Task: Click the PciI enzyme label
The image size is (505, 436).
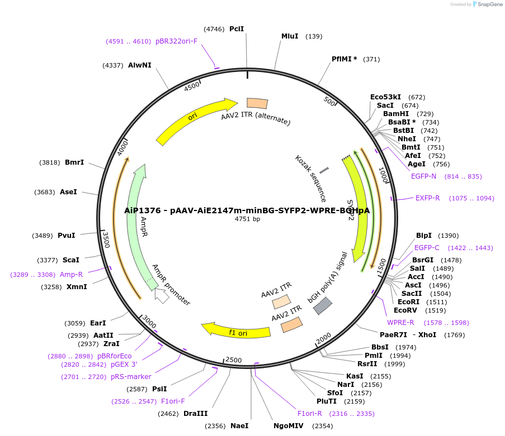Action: (x=237, y=29)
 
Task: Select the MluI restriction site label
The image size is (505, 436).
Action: (x=290, y=36)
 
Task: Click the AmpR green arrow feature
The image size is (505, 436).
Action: (x=136, y=223)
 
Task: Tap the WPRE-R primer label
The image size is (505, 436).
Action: (x=400, y=323)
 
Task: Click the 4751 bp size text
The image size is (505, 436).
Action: (x=247, y=219)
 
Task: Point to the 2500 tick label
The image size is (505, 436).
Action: (x=233, y=360)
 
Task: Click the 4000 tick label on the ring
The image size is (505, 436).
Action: (x=122, y=150)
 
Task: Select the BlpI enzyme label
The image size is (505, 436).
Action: (x=424, y=236)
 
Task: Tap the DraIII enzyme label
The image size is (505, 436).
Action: (x=195, y=414)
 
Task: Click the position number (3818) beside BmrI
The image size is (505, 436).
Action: (x=49, y=162)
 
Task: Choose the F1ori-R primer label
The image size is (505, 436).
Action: (x=309, y=414)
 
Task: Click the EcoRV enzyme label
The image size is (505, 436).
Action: (x=405, y=310)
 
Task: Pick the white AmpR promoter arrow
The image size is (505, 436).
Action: (x=162, y=296)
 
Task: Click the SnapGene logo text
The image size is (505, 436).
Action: (x=489, y=4)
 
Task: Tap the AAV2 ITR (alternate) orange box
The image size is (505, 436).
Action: (x=257, y=103)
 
